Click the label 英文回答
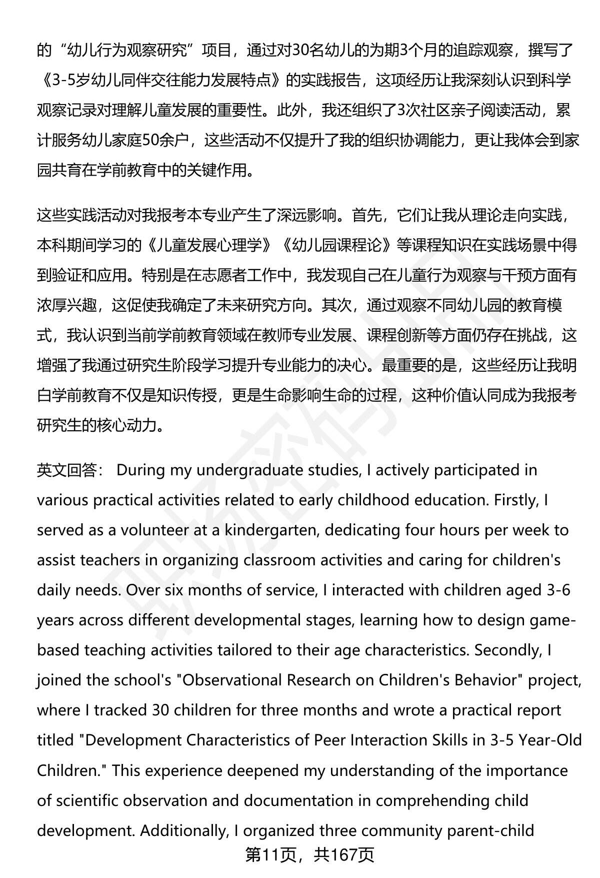(x=66, y=470)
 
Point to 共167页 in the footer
(x=344, y=854)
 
